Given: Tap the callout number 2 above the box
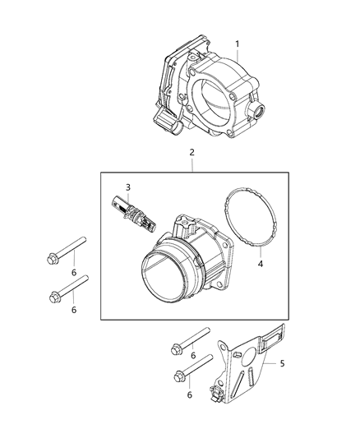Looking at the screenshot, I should [x=192, y=153].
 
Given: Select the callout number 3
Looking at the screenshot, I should [x=128, y=187].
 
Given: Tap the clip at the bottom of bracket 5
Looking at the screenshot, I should [x=219, y=394].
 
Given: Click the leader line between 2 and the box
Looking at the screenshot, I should [x=192, y=165].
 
